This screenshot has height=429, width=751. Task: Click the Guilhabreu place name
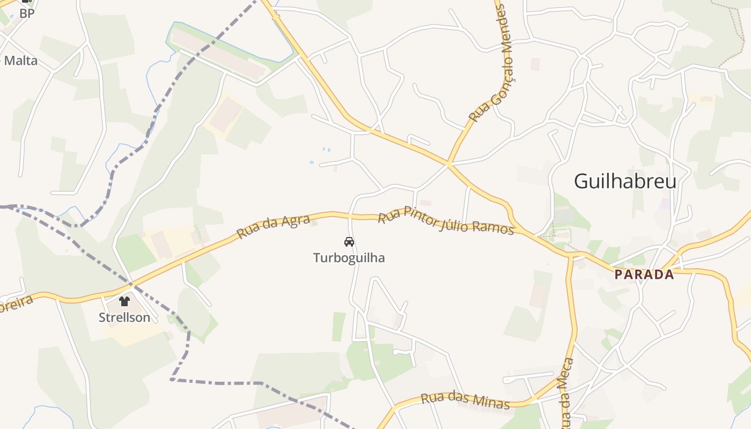pos(625,181)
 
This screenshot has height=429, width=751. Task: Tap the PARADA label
pos(644,275)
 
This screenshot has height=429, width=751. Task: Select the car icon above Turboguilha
pos(349,242)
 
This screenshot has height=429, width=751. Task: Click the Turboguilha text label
pos(349,258)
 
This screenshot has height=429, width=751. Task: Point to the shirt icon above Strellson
pos(125,301)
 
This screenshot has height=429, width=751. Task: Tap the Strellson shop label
pos(124,317)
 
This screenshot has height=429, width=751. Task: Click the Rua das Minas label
pos(465,400)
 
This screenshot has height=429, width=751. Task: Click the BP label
pos(27,13)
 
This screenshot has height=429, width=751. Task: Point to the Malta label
pos(20,61)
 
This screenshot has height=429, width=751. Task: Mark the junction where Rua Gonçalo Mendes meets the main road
pos(448,163)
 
